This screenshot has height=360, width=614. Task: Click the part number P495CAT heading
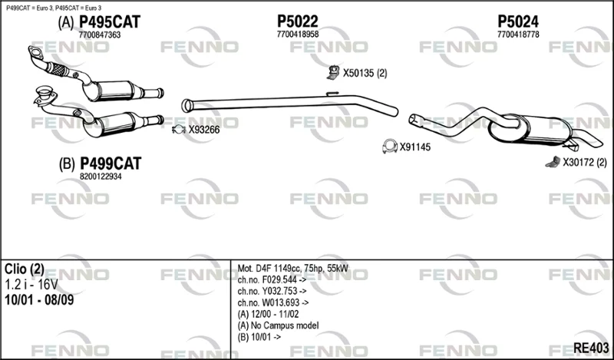[110, 22]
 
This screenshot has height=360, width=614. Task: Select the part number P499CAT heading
[111, 163]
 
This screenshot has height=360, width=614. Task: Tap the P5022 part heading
[298, 21]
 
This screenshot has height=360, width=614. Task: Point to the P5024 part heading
[518, 21]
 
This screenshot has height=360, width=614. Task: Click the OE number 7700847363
[100, 35]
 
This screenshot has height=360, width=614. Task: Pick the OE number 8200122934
[101, 177]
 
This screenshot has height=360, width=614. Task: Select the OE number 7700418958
[298, 35]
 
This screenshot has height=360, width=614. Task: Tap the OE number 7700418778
[518, 35]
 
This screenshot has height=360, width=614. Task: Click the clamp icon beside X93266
[179, 130]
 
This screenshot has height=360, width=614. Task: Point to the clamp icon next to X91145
[390, 146]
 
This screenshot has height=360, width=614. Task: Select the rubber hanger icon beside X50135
[333, 72]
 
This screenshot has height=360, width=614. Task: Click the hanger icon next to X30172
[553, 162]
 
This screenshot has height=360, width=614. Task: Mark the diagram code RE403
[591, 348]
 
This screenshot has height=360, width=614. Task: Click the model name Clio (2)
[25, 269]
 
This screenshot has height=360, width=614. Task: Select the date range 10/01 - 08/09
[39, 300]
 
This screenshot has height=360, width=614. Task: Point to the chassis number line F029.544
[272, 279]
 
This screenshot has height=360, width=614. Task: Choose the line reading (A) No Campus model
[278, 325]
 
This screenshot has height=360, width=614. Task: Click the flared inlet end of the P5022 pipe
[187, 106]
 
